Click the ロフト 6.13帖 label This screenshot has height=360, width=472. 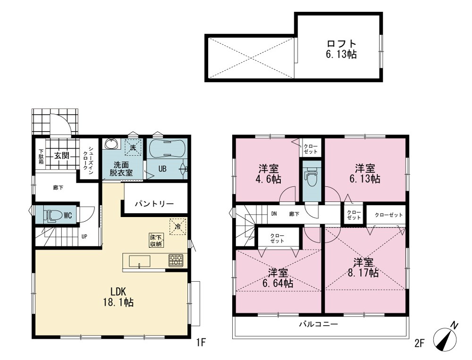point(342,49)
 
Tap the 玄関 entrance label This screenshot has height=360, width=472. point(62,156)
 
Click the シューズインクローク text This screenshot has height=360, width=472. point(89,159)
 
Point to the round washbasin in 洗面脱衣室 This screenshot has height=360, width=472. point(112,143)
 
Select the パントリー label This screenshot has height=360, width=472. point(154,204)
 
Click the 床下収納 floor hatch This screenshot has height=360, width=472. point(157,240)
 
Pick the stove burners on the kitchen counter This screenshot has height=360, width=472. point(176,260)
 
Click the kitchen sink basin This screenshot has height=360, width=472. point(139,261)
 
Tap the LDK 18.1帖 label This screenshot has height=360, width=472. point(118,296)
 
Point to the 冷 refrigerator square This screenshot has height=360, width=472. point(177,226)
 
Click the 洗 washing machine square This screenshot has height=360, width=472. point(133,147)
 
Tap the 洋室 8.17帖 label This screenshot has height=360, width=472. point(363,268)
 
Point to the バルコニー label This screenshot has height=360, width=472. point(319,324)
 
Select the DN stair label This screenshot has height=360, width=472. point(274,214)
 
